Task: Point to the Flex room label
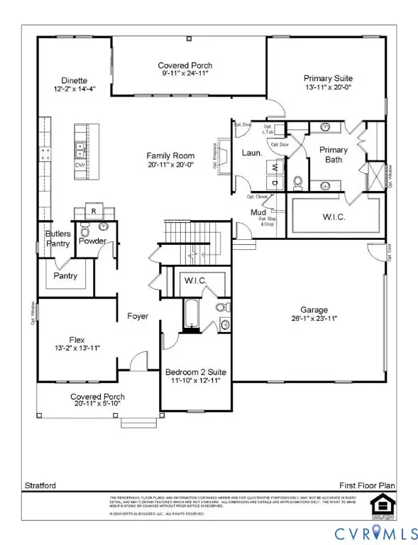pos(77,338)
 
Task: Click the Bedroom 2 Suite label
pos(193,372)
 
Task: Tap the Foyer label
pos(137,316)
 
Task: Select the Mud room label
pos(258,211)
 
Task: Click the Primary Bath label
pos(333,155)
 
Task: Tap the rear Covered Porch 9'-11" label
pos(185,65)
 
